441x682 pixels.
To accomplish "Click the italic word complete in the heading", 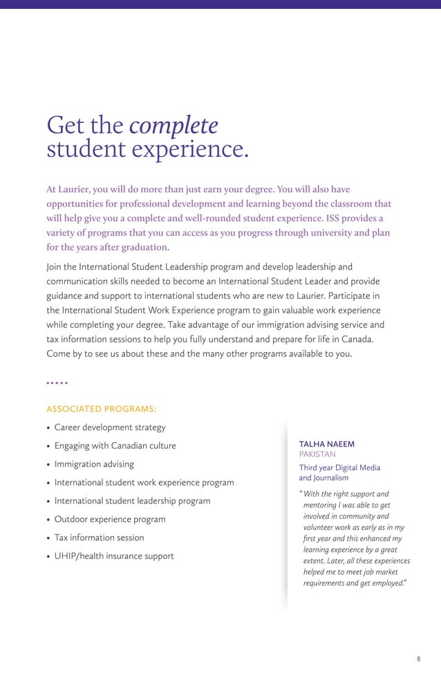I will (x=173, y=125).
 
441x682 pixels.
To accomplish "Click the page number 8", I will (x=418, y=658).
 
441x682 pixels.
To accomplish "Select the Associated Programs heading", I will (x=101, y=409).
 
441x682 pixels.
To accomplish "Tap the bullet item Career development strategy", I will (x=109, y=427).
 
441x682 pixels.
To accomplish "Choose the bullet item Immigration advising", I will (x=94, y=464).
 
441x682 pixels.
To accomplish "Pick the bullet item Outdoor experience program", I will (x=109, y=519).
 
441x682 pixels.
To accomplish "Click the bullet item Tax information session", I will (x=99, y=537).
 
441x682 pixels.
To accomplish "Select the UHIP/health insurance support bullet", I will (x=113, y=556).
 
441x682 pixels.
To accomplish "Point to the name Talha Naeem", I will (x=326, y=444).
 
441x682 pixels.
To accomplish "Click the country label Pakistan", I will (x=317, y=454).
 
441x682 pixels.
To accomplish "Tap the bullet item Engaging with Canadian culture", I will (x=115, y=445).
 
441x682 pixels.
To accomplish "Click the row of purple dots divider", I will (x=57, y=383).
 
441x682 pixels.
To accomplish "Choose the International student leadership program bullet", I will (x=132, y=501).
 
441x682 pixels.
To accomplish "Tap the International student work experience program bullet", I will (x=144, y=482).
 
